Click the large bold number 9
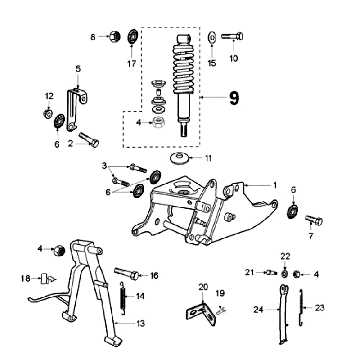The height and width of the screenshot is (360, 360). click(x=234, y=98)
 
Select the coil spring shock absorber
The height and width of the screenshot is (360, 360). click(x=184, y=85)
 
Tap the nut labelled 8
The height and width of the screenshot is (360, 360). click(x=114, y=35)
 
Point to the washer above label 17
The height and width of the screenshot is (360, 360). click(x=133, y=36)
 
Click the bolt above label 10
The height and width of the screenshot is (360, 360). click(x=232, y=36)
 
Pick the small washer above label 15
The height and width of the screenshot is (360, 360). click(x=212, y=36)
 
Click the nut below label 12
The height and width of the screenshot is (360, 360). click(x=48, y=114)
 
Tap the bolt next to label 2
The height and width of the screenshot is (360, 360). click(x=89, y=139)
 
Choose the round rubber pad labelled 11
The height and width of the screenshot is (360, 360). click(x=179, y=157)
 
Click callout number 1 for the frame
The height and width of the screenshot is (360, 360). click(x=275, y=185)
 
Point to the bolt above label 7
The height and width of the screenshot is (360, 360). click(x=314, y=220)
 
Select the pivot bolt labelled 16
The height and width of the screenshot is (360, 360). click(x=127, y=273)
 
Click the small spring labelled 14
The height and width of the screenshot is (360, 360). click(x=123, y=297)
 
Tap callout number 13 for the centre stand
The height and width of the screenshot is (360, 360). click(x=141, y=323)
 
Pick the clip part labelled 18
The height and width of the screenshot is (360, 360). click(x=45, y=278)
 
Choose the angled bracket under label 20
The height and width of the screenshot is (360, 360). click(x=201, y=313)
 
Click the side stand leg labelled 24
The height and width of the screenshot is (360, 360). click(x=283, y=314)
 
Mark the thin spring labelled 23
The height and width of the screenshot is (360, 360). click(x=302, y=307)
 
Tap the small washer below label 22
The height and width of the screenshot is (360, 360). click(x=284, y=274)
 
